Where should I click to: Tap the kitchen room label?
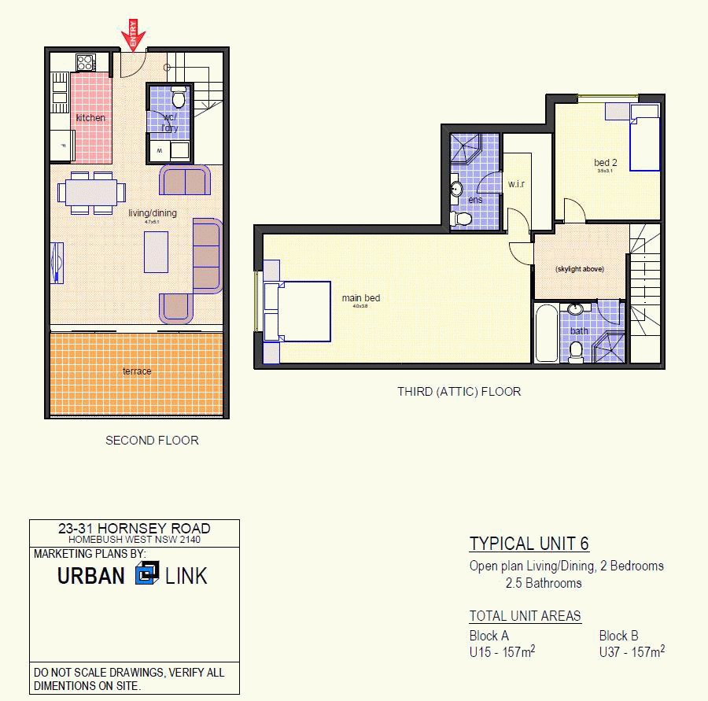coord(90,118)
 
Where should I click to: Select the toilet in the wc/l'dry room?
coord(179,98)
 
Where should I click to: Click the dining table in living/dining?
coord(91,192)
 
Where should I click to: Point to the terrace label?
coord(137,371)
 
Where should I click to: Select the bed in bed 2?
coord(645,143)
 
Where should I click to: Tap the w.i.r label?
coord(516,184)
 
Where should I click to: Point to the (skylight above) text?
coord(580,269)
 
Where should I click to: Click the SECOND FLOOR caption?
coord(152,441)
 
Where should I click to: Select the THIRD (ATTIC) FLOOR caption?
coord(459,391)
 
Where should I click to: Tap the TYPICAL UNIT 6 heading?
coord(529,544)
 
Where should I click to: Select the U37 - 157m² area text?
coord(632,652)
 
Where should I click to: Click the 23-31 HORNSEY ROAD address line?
coord(135,529)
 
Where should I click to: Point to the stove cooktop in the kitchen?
coord(86,62)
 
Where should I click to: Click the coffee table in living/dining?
coord(156,252)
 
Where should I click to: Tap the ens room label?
coord(475,200)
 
